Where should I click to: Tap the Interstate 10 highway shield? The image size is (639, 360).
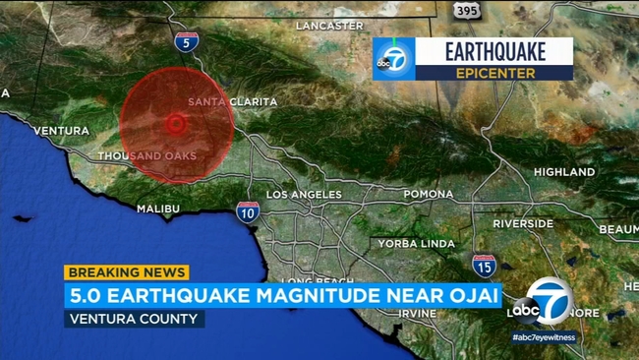[x=248, y=210]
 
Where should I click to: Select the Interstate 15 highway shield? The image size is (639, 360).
[x=483, y=265]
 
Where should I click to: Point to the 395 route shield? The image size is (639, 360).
[x=467, y=9]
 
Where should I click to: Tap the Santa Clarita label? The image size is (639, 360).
[x=232, y=101]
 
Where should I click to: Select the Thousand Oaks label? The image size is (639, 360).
[x=148, y=155]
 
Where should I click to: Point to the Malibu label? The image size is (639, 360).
[x=158, y=209]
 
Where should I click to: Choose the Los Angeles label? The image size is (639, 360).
[x=304, y=195]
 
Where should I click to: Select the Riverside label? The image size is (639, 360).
[x=524, y=223]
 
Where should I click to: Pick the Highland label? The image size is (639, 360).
[x=564, y=171]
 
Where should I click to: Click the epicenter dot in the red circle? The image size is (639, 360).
[x=176, y=124]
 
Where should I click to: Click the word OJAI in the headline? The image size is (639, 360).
[x=468, y=295]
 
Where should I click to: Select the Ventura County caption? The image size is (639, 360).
[x=135, y=319]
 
